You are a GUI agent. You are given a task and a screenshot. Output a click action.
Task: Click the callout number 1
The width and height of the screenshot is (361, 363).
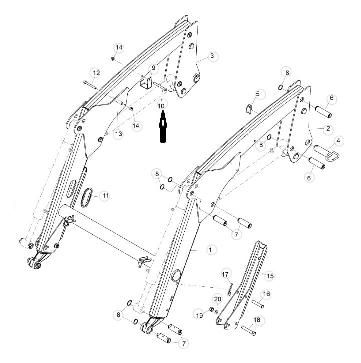point(210,250)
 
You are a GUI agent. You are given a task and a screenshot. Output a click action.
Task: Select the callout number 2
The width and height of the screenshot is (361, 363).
point(328,128)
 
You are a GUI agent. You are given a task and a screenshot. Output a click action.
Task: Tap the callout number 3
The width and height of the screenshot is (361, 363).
point(212,56)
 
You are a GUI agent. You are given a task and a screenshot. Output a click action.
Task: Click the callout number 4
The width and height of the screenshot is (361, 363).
point(338,140)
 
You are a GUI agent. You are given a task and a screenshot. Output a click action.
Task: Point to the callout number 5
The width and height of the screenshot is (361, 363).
point(258,94)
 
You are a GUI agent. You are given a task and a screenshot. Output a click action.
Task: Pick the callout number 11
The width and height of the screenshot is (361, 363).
point(106,196)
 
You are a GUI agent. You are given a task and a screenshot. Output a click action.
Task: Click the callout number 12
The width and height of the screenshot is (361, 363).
point(96,73)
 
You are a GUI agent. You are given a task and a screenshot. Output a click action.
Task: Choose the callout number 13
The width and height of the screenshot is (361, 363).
point(118,134)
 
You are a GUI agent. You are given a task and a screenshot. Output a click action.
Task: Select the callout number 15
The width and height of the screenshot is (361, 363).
point(270,276)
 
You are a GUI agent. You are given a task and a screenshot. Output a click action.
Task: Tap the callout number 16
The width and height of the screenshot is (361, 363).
point(266,294)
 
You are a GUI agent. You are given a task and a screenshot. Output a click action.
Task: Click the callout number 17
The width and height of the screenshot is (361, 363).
point(225,274)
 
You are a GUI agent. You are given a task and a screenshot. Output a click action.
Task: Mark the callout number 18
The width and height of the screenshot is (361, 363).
point(257,320)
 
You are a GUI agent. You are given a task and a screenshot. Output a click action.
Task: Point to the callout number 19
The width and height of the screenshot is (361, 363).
point(200,315)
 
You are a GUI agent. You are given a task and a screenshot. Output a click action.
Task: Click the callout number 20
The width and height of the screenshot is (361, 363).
point(217,299)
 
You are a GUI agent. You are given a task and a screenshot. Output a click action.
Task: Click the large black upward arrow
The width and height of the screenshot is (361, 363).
point(163,126)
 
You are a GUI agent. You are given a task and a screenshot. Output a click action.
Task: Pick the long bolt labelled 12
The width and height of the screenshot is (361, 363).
point(90,85)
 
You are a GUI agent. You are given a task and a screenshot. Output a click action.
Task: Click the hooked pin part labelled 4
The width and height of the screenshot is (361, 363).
point(327,153)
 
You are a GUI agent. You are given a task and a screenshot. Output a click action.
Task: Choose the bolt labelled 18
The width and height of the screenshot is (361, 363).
point(249,331)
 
